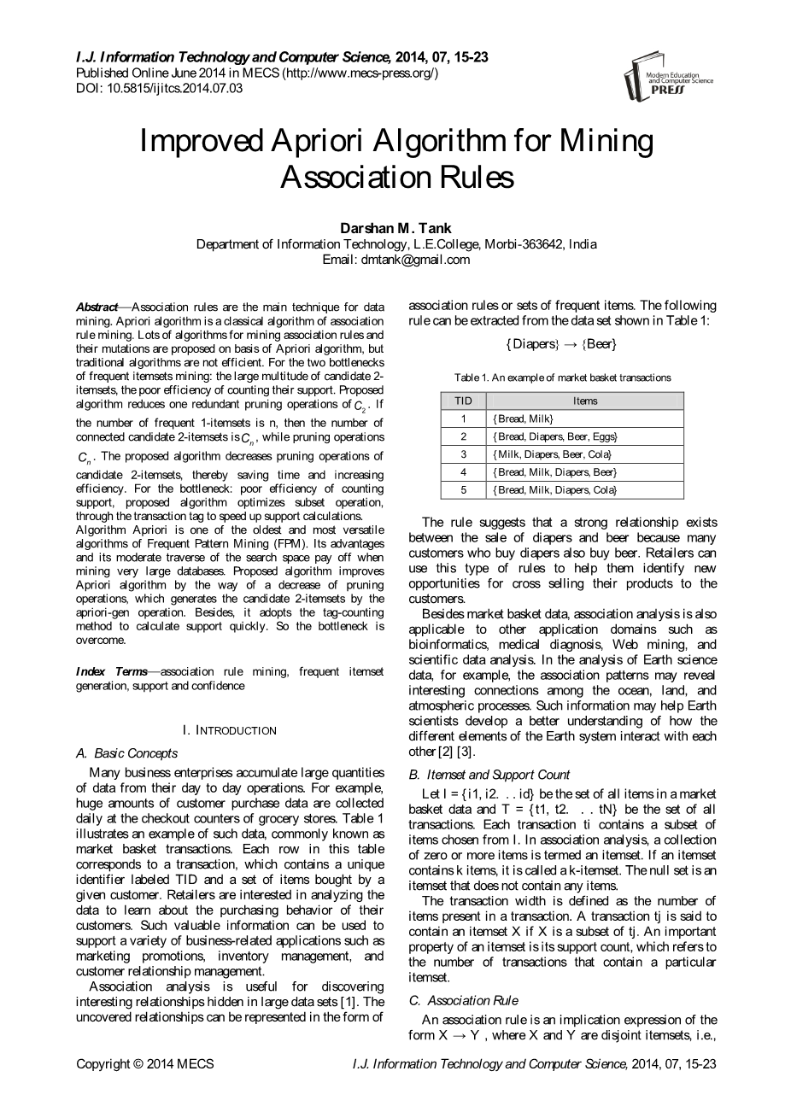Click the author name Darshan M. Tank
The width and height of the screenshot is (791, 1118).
[396, 228]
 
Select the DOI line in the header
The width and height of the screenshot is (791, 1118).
[160, 88]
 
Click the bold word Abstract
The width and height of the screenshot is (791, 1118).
[97, 306]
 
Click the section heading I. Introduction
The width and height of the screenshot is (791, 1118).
[230, 730]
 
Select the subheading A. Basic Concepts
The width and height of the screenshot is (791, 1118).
[127, 753]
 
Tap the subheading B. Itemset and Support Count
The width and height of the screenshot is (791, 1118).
[489, 775]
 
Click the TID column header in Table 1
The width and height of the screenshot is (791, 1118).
[463, 401]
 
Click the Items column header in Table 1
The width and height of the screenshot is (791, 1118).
[585, 401]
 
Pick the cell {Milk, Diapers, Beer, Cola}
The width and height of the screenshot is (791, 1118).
[552, 454]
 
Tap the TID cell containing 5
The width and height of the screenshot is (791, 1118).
[463, 490]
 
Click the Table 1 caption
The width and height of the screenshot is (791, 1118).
[562, 377]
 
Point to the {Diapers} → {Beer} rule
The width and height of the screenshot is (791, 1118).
[561, 343]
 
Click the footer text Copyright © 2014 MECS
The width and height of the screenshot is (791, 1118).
[145, 1064]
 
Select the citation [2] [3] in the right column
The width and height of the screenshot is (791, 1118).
[454, 752]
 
